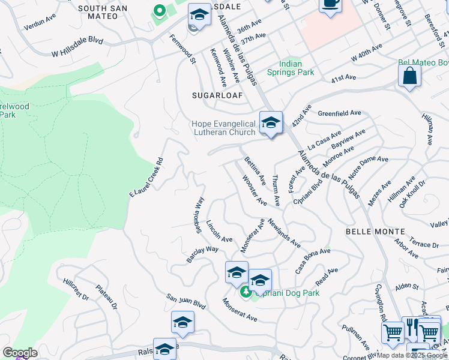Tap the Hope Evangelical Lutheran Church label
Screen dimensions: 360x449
coord(223,128)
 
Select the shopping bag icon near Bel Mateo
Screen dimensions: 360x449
coord(409,76)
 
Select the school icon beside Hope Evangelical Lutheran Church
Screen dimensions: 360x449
coord(271,122)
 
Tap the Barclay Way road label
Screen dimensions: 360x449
coord(202,254)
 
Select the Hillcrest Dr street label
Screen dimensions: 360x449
coord(76,289)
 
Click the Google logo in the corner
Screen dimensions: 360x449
coord(20,353)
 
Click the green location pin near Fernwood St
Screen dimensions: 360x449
coord(160,11)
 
